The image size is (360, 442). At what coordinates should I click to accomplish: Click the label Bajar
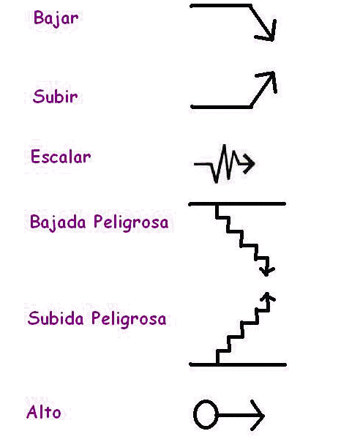(56, 18)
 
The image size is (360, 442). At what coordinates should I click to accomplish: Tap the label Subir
(56, 97)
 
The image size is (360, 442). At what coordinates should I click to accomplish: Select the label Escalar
(61, 157)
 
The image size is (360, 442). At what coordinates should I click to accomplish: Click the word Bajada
(58, 222)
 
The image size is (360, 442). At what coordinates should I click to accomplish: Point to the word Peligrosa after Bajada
(131, 222)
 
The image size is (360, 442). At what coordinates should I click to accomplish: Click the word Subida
(56, 318)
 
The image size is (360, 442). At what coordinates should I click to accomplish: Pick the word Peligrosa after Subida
(129, 319)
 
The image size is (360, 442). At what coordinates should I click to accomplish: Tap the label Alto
(44, 412)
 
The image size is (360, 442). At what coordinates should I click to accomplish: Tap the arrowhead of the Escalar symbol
(249, 163)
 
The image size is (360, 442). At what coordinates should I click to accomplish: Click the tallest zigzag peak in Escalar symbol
(225, 146)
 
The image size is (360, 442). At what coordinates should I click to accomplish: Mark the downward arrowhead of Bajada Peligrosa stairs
(266, 271)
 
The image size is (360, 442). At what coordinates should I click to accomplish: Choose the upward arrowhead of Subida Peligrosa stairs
(266, 296)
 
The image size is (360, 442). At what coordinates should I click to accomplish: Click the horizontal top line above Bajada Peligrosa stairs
(237, 204)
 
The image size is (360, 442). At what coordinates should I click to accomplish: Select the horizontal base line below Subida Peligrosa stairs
(238, 364)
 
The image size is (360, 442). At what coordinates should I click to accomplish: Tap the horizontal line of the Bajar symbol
(220, 6)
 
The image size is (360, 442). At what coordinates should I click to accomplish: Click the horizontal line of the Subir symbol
(221, 107)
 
